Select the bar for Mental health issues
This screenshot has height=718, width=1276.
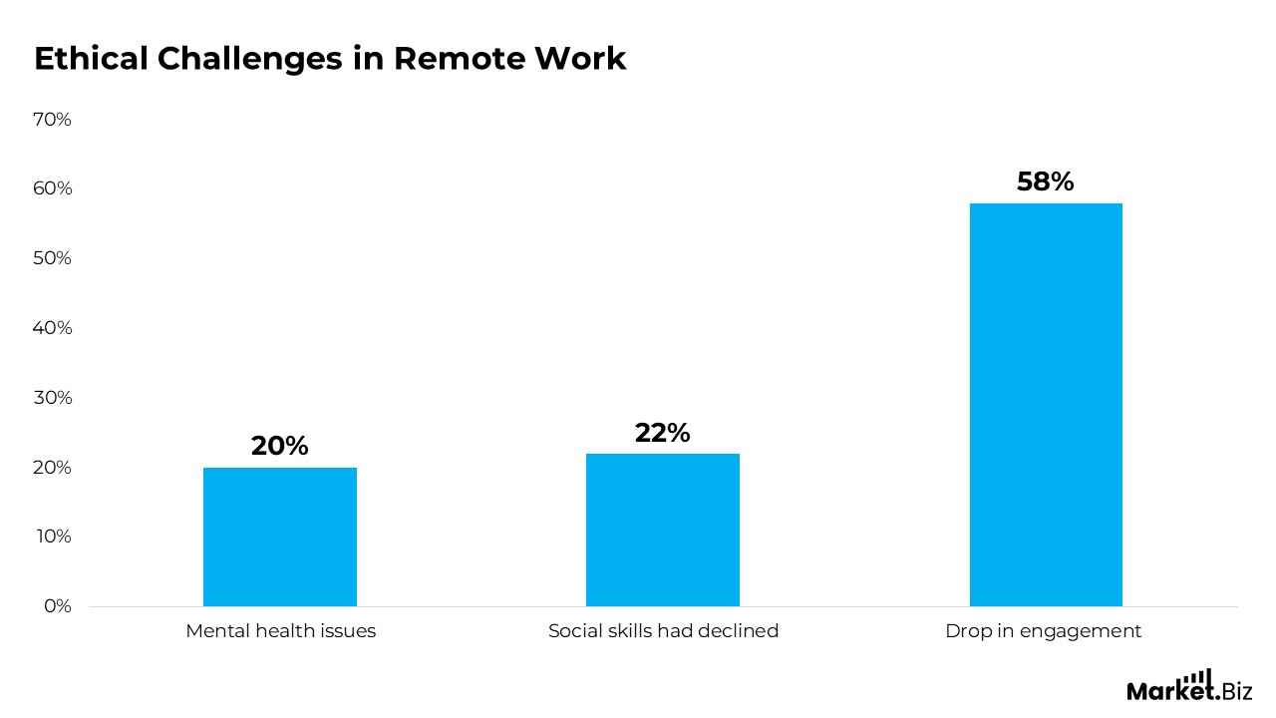pyautogui.click(x=280, y=537)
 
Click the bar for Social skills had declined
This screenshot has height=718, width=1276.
pyautogui.click(x=663, y=530)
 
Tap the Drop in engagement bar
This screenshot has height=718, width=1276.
pyautogui.click(x=1046, y=405)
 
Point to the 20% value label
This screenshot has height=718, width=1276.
pyautogui.click(x=280, y=446)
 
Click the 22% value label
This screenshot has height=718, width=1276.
pyautogui.click(x=663, y=433)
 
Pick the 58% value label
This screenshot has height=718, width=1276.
pyautogui.click(x=1046, y=181)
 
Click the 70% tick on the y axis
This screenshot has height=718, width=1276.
pyautogui.click(x=53, y=120)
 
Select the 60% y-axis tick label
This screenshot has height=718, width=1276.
pyautogui.click(x=53, y=188)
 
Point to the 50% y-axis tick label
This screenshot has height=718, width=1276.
pyautogui.click(x=53, y=258)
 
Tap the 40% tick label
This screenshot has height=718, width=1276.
pyautogui.click(x=53, y=328)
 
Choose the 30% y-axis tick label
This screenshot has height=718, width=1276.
pyautogui.click(x=53, y=398)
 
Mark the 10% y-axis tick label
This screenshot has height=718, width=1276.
pyautogui.click(x=53, y=537)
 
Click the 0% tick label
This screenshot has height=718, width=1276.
pyautogui.click(x=57, y=606)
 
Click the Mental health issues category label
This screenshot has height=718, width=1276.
pyautogui.click(x=280, y=631)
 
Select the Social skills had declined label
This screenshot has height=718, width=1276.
pyautogui.click(x=663, y=631)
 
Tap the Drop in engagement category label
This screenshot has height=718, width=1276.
pyautogui.click(x=1044, y=631)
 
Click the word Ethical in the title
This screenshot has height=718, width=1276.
pyautogui.click(x=90, y=59)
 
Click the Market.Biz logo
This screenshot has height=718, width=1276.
pyautogui.click(x=1189, y=686)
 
